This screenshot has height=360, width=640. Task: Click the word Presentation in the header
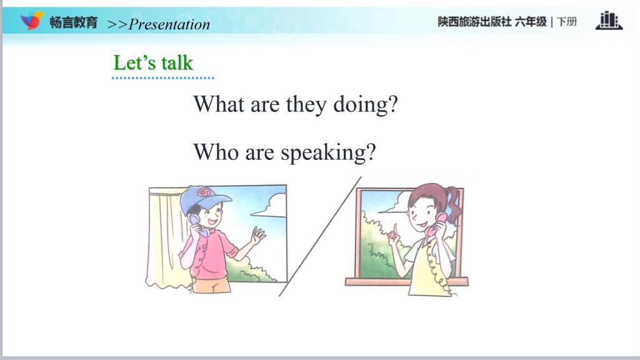(169, 24)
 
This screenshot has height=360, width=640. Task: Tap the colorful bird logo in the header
(32, 21)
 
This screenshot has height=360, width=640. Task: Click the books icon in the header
(609, 21)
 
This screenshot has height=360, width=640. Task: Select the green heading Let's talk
(153, 63)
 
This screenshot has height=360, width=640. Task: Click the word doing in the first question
(365, 105)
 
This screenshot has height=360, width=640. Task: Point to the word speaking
(328, 153)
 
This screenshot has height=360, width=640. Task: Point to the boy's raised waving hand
(258, 236)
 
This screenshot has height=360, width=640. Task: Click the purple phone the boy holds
(199, 226)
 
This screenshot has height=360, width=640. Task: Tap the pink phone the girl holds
(435, 224)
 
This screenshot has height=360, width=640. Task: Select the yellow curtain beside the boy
(165, 237)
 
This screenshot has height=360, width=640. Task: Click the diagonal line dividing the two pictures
(321, 236)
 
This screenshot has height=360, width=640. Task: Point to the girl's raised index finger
(395, 229)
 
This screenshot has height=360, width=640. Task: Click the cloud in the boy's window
(271, 206)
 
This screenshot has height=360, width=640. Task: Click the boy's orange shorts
(211, 285)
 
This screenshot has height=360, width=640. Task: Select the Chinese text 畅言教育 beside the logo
(74, 22)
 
